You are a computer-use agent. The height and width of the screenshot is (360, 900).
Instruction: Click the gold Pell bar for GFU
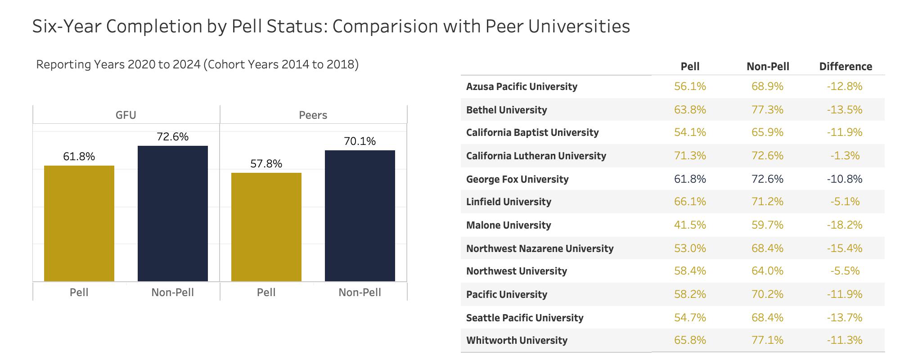coord(79,223)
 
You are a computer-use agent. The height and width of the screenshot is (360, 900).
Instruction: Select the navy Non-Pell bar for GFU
coord(173,213)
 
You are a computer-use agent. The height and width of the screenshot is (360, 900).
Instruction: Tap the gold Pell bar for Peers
coord(266,227)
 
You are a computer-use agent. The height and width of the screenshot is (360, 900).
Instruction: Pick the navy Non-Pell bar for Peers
coord(360,216)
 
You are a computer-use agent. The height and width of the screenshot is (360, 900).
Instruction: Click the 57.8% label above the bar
coord(266,164)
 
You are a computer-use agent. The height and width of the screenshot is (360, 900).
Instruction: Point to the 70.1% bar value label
coord(360,141)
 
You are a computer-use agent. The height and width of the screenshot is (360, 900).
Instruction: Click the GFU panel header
coord(126,115)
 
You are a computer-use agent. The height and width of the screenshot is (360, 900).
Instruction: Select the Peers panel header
coord(313,115)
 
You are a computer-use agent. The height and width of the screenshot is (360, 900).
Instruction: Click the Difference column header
coord(846,67)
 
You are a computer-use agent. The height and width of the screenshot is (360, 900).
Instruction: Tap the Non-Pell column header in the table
coord(768,67)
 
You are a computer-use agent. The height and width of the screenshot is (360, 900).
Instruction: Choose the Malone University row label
coord(508,225)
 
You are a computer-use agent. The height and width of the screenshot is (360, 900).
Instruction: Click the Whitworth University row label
coord(517,340)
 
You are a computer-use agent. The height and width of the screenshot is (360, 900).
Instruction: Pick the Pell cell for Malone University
coord(690,225)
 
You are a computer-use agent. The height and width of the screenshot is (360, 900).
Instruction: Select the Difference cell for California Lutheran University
coord(845,156)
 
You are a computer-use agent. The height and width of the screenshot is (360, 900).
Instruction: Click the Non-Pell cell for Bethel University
coord(767,110)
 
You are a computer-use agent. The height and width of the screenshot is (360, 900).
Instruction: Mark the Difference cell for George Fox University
coord(845,179)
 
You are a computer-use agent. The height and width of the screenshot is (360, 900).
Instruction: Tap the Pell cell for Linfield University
coord(690,202)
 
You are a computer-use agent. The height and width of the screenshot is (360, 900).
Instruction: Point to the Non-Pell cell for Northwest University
coord(767,271)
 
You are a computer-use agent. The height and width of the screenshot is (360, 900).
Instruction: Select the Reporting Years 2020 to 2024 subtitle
coord(197,64)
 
